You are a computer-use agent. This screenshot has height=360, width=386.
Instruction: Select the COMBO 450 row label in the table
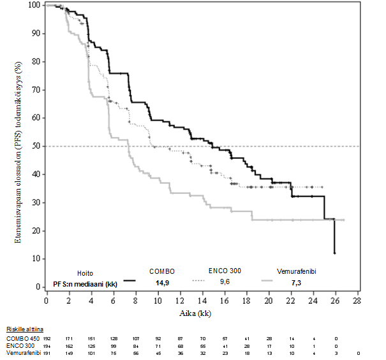coord(22,338)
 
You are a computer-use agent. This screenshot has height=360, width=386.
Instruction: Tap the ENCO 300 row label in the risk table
coord(19,345)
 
